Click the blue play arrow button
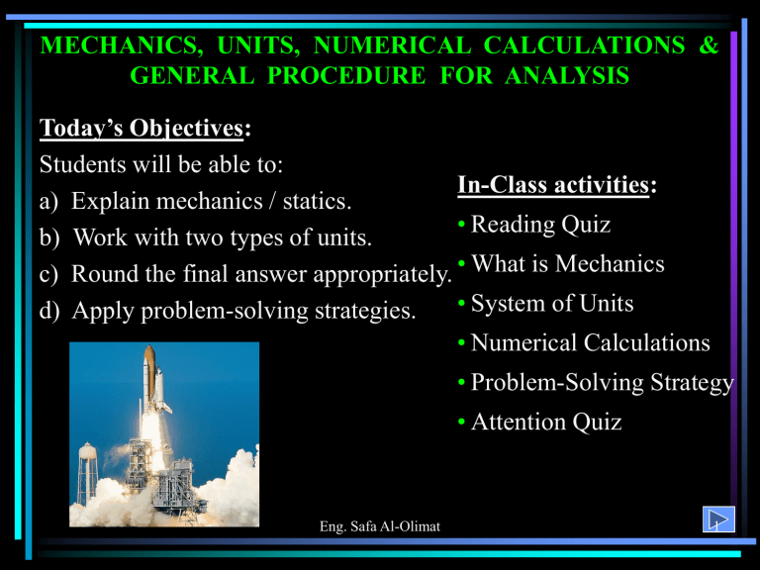coord(716,519)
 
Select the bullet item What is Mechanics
coord(560,264)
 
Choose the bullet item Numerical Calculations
coord(584,343)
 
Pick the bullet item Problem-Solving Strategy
coord(596,383)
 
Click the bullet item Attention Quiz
coord(539,423)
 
